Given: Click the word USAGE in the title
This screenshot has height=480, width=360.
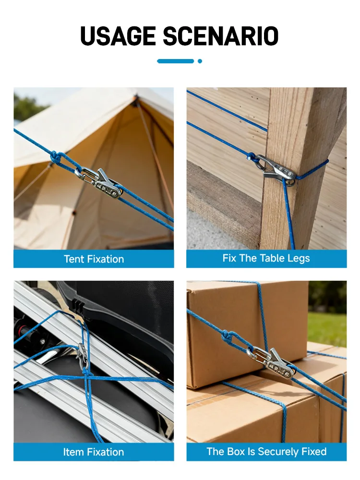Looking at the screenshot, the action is (x=118, y=36).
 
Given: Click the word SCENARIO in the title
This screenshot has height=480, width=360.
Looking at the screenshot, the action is (x=221, y=36).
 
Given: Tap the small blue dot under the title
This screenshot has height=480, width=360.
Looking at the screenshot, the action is (x=200, y=61).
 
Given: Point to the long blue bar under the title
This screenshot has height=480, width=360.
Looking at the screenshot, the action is (x=175, y=61).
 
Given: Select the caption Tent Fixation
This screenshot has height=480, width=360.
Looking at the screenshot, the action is (x=94, y=259).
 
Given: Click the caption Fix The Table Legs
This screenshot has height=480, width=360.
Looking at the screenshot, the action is (x=266, y=258).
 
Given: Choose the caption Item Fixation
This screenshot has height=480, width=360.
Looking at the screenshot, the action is (x=94, y=452).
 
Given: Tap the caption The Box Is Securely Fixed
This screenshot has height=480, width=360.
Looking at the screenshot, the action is (x=266, y=452).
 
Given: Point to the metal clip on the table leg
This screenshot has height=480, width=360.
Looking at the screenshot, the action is (x=276, y=170).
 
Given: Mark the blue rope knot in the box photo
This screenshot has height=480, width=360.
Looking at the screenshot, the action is (x=227, y=337).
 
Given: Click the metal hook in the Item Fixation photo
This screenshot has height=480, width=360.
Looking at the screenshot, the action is (x=83, y=357).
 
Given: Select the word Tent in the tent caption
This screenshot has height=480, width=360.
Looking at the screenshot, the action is (x=74, y=259).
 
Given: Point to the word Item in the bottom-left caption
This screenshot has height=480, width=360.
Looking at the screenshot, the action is (x=73, y=452).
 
